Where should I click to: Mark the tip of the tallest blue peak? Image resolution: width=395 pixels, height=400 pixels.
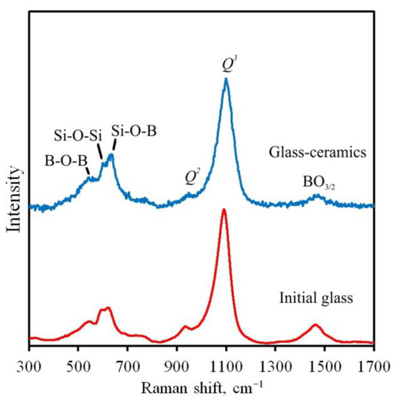[226, 78]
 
